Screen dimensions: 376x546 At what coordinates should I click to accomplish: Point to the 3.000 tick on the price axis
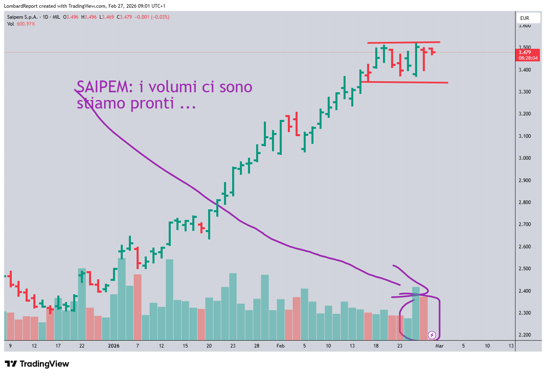(524, 158)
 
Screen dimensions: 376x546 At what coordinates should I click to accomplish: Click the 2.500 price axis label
(524, 269)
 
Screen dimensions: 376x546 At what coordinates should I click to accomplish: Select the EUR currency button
(525, 18)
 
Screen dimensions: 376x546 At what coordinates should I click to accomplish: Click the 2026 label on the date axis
(113, 346)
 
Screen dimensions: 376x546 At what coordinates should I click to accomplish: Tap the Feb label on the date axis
(281, 346)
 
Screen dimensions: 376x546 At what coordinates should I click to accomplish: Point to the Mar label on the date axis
(439, 346)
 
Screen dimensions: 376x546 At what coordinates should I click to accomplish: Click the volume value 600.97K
(26, 24)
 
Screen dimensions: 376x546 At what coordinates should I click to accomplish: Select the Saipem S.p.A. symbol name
(22, 17)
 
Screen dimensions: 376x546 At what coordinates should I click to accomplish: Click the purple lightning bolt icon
(432, 335)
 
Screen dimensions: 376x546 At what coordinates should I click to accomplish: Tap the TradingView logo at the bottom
(37, 364)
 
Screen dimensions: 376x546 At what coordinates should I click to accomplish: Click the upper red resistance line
(403, 42)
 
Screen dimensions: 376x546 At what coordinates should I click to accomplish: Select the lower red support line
(405, 82)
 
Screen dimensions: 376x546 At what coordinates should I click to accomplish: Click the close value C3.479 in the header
(124, 17)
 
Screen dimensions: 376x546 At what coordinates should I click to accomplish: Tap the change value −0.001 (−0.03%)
(152, 17)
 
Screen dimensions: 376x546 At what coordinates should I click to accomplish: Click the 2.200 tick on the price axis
(524, 335)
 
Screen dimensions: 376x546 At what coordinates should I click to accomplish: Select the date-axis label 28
(257, 346)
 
